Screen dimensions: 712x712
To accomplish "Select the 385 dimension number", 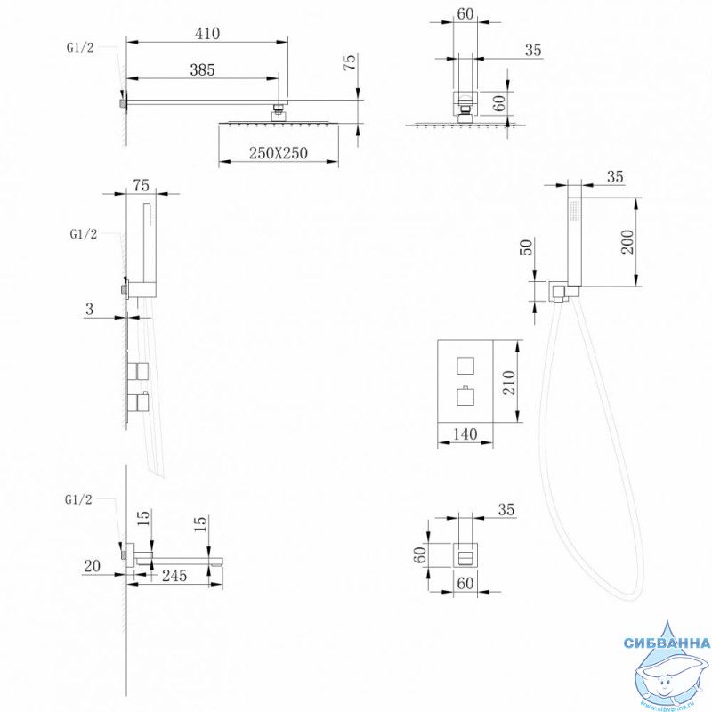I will pyautogui.click(x=202, y=71).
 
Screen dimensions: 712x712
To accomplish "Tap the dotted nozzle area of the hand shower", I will pyautogui.click(x=573, y=211).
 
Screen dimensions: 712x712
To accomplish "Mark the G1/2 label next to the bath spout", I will pyautogui.click(x=79, y=499).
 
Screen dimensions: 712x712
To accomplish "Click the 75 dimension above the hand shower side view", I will pyautogui.click(x=140, y=185).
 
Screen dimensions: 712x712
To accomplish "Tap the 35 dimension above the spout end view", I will pyautogui.click(x=506, y=510).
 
